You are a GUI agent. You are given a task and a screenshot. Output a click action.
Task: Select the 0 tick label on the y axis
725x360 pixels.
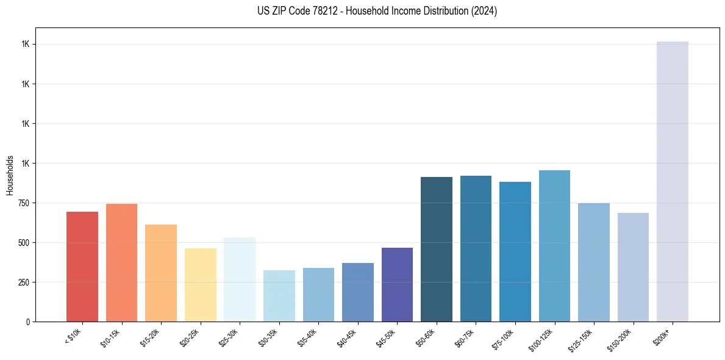coord(28,322)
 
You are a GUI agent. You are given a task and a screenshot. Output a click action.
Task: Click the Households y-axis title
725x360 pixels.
coord(10,175)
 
